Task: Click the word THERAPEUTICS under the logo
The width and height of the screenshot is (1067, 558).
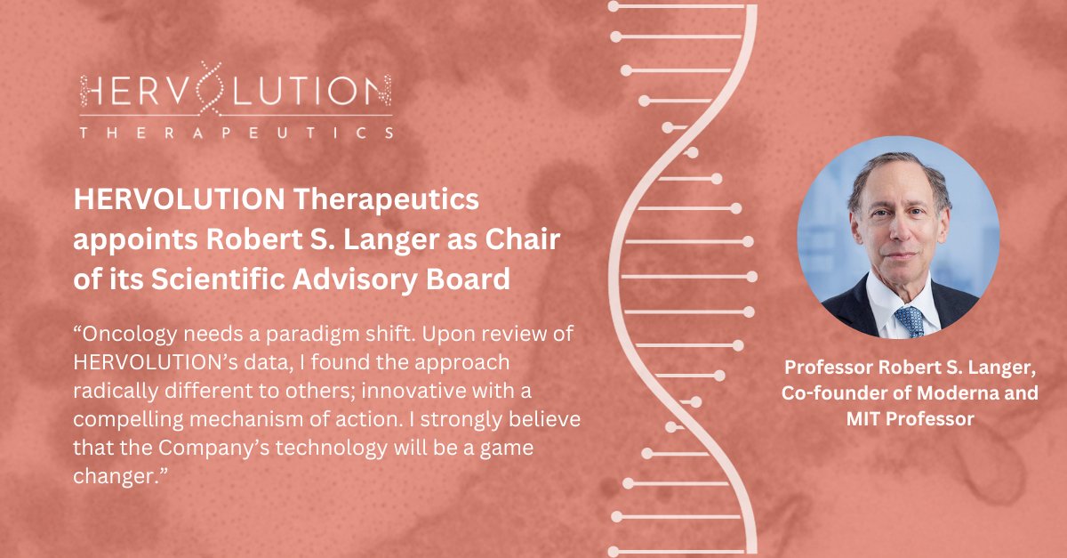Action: tap(235, 133)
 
